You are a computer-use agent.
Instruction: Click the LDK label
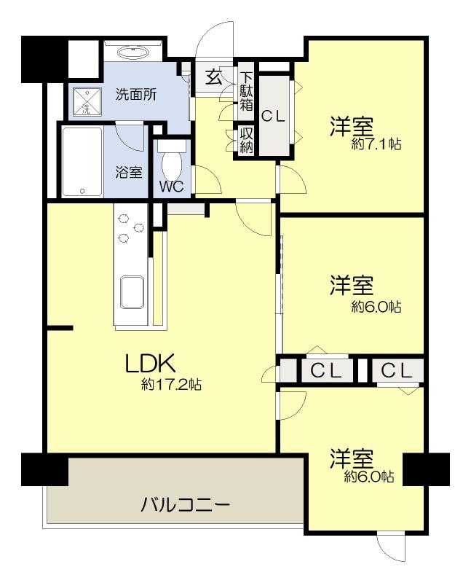click(151, 363)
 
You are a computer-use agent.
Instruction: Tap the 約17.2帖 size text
click(171, 384)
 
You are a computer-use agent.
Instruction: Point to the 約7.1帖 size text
click(376, 144)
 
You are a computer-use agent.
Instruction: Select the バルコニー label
click(186, 505)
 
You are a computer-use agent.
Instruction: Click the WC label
click(172, 187)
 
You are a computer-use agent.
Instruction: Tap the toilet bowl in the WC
click(172, 165)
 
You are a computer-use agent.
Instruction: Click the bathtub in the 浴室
click(82, 162)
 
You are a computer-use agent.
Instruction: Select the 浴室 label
click(129, 172)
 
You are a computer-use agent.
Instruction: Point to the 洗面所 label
click(136, 95)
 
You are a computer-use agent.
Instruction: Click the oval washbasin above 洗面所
click(133, 52)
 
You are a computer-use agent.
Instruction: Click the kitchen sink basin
click(132, 292)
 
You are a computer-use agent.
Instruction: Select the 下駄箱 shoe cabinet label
click(246, 92)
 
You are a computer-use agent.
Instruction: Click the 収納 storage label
click(246, 141)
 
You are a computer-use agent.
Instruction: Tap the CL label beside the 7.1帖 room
click(273, 117)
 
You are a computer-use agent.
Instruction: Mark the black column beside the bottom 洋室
click(427, 469)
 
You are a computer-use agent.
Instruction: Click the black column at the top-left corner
click(44, 60)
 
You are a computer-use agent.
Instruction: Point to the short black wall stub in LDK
click(60, 328)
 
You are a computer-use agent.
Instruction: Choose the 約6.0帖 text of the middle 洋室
click(376, 307)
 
